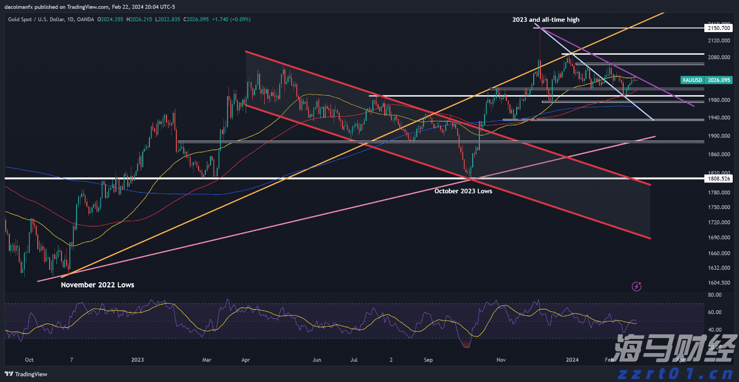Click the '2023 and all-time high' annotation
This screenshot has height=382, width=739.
point(546,20)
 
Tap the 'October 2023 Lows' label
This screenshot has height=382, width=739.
point(463,191)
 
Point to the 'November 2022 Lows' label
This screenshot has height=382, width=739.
point(97,285)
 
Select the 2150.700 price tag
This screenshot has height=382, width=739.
point(718,29)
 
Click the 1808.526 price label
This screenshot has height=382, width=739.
point(718,178)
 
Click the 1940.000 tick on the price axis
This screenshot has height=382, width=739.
point(719,118)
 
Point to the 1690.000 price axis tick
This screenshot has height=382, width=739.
point(719,238)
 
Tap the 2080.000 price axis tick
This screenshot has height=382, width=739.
point(719,57)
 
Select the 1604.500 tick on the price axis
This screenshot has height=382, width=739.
point(719,283)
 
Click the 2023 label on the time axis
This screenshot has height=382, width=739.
point(138,359)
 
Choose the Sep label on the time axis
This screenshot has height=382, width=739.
point(428,359)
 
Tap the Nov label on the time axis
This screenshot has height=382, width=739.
point(500,359)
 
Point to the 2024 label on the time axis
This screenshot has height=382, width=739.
point(571,359)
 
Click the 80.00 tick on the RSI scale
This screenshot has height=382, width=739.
point(714,295)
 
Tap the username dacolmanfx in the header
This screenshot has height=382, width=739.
point(19,6)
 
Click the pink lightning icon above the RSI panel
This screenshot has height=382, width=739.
point(637,285)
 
